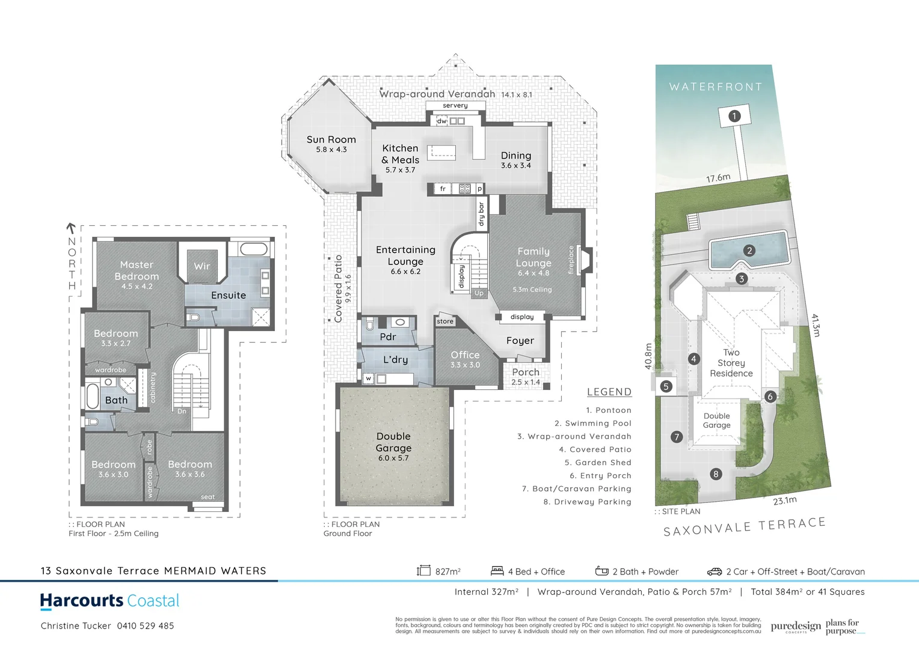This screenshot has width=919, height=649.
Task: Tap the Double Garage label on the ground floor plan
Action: (x=393, y=442)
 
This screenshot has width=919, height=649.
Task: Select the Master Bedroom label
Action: (x=137, y=270)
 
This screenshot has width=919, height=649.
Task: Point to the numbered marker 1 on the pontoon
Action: (x=734, y=116)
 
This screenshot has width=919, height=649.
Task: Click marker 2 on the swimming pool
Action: (x=749, y=251)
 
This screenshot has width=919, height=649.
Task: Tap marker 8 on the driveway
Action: (x=715, y=474)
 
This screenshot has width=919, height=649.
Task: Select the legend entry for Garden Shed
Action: (x=597, y=463)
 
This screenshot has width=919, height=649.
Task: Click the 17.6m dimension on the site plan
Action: (x=718, y=178)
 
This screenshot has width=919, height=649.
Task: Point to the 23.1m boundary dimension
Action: (x=784, y=501)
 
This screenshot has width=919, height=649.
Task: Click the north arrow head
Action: (x=71, y=228)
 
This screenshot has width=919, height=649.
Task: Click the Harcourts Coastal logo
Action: (x=109, y=601)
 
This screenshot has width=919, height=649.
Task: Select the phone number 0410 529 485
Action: (x=146, y=626)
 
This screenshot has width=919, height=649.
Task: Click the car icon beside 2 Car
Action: (x=714, y=571)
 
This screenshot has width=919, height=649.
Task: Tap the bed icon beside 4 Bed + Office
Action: (x=497, y=571)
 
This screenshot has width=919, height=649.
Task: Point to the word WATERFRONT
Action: (x=715, y=87)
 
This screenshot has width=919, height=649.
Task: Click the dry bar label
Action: (x=481, y=214)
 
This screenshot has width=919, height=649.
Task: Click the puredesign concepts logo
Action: (x=795, y=627)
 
